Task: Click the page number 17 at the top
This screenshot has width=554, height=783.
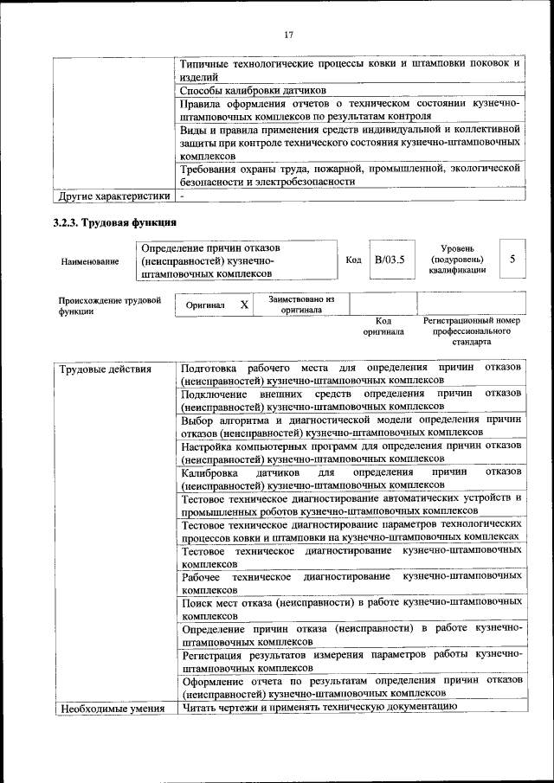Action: pyautogui.click(x=289, y=34)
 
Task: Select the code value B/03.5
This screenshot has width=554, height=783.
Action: pyautogui.click(x=389, y=260)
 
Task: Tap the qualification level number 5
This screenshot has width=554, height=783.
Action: pyautogui.click(x=512, y=259)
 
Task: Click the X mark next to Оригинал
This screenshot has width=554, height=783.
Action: pyautogui.click(x=244, y=305)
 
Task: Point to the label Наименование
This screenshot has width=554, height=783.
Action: pyautogui.click(x=90, y=260)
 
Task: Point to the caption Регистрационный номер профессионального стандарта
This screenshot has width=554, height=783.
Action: pyautogui.click(x=472, y=331)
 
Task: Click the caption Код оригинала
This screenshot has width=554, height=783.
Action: pyautogui.click(x=383, y=325)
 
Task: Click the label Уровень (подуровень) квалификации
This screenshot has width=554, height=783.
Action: pyautogui.click(x=457, y=259)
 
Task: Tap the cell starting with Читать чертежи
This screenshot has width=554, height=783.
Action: pyautogui.click(x=319, y=709)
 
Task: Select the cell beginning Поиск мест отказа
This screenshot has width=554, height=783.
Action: pyautogui.click(x=351, y=607)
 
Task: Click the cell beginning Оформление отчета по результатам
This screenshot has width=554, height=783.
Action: pyautogui.click(x=351, y=687)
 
